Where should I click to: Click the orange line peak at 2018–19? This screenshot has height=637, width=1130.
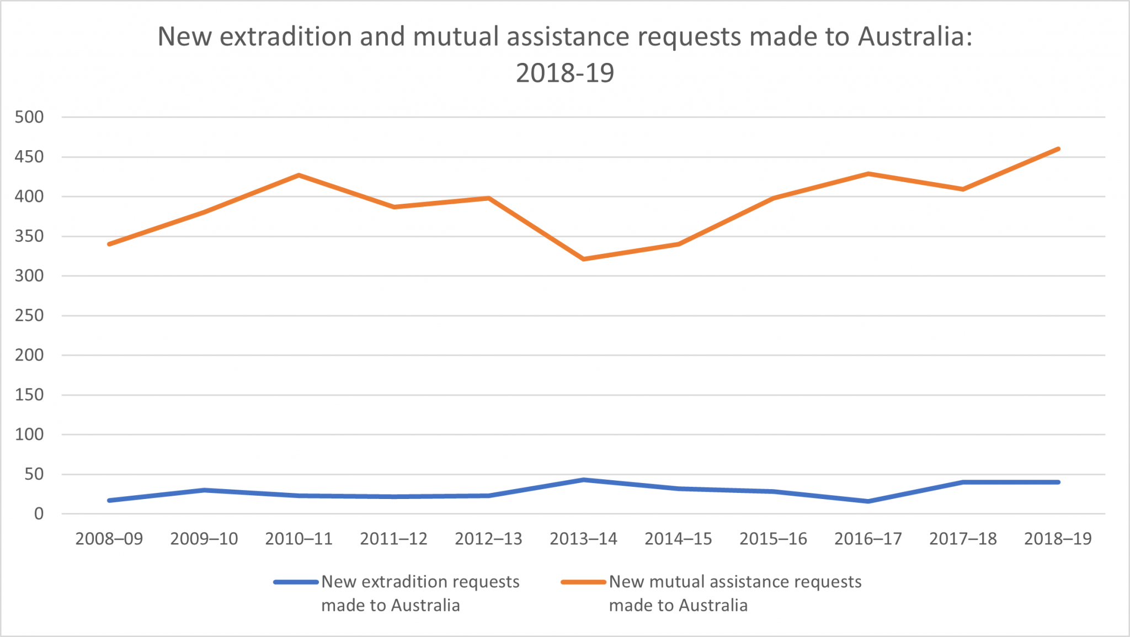pyautogui.click(x=1058, y=149)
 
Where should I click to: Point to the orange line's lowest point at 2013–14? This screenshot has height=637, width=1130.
pyautogui.click(x=584, y=259)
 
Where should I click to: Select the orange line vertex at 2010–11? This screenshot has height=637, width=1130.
pyautogui.click(x=299, y=176)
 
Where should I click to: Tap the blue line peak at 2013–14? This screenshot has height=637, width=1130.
pyautogui.click(x=584, y=480)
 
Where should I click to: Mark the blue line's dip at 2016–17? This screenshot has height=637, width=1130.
pyautogui.click(x=868, y=501)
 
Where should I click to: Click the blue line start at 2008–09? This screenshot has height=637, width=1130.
pyautogui.click(x=109, y=500)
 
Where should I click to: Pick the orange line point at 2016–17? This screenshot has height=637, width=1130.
pyautogui.click(x=868, y=174)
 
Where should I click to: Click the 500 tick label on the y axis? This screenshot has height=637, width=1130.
pyautogui.click(x=29, y=117)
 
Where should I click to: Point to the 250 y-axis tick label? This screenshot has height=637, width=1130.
pyautogui.click(x=29, y=316)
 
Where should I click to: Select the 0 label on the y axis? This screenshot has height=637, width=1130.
pyautogui.click(x=39, y=514)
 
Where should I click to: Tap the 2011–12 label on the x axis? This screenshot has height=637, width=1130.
pyautogui.click(x=393, y=539)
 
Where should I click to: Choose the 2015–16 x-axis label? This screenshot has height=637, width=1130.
pyautogui.click(x=773, y=539)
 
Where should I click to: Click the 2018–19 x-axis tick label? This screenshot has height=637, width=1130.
pyautogui.click(x=1058, y=539)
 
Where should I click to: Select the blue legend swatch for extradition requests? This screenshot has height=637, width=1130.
pyautogui.click(x=296, y=582)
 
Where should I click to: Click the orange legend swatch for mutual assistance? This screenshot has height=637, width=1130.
pyautogui.click(x=583, y=582)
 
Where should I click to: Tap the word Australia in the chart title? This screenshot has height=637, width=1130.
pyautogui.click(x=914, y=37)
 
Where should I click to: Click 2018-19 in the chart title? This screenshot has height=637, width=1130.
pyautogui.click(x=565, y=73)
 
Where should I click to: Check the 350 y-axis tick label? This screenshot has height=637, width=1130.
pyautogui.click(x=29, y=236)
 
